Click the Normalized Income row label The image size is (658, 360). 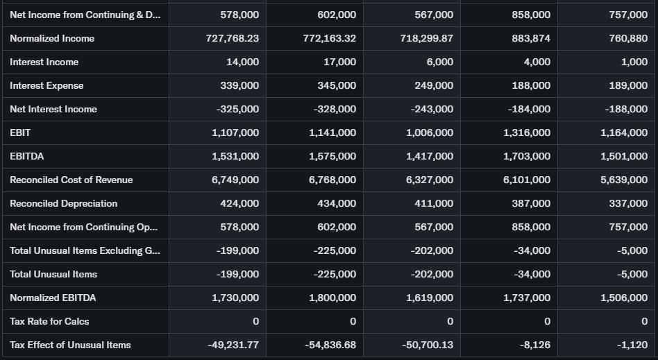point(52,38)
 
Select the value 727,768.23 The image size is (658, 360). point(232,38)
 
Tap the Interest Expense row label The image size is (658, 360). point(47,85)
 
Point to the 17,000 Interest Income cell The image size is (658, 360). point(340,62)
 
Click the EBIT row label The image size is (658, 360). point(20,132)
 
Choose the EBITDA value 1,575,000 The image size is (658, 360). point(332,156)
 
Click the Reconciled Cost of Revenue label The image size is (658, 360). point(71,180)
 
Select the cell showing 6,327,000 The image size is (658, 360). point(430,180)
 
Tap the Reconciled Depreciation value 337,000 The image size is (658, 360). point(628,203)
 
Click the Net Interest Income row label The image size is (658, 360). point(53,109)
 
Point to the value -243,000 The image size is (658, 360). point(432,109)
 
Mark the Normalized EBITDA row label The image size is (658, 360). point(53,298)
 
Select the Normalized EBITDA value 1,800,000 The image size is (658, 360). point(332,298)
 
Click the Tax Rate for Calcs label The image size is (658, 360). point(49,321)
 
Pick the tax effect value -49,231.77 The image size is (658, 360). point(233,345)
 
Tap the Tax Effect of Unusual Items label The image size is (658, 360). point(70,345)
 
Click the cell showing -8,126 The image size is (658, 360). point(534,345)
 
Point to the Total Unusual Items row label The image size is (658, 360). point(53,274)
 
